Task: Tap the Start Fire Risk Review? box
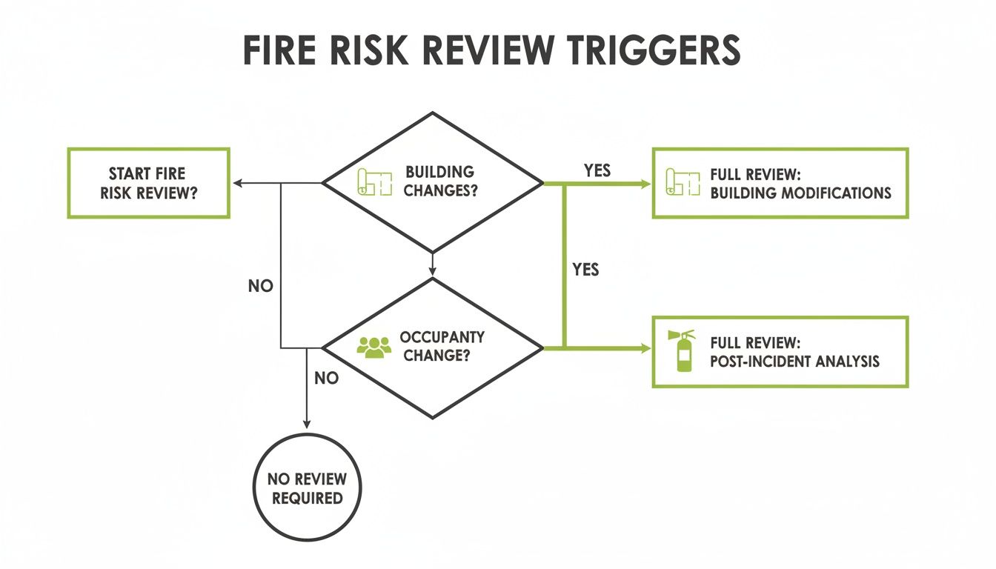(x=148, y=183)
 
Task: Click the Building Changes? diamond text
(x=440, y=181)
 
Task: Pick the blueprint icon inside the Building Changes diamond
(x=374, y=182)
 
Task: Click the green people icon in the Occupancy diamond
(x=373, y=347)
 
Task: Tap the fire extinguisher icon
(x=683, y=351)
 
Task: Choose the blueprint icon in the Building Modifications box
(x=683, y=182)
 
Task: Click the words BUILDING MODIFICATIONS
(x=800, y=193)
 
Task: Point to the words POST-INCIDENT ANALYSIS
(x=794, y=362)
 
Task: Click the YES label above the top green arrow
(x=597, y=170)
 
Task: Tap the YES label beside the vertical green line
(x=585, y=270)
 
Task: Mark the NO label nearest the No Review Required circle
(x=326, y=379)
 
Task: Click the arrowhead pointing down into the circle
(x=307, y=423)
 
